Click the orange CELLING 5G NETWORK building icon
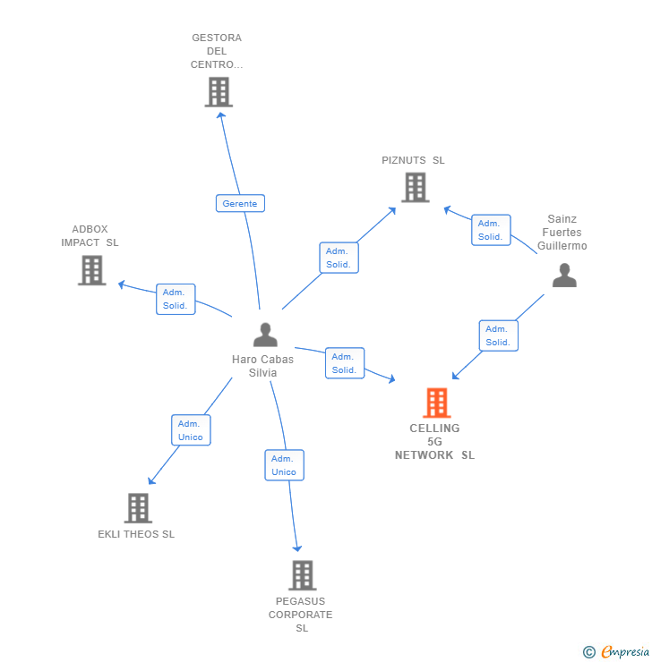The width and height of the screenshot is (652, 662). [436, 403]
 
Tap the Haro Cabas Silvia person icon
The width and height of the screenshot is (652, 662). [265, 335]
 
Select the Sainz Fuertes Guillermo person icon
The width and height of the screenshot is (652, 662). [564, 275]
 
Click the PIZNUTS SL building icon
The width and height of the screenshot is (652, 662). [415, 188]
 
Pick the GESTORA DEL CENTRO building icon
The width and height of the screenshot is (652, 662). [219, 92]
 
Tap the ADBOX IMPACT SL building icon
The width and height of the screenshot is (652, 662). [91, 270]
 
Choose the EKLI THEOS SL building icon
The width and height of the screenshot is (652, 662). [137, 508]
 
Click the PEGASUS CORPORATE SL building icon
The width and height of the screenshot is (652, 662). [303, 575]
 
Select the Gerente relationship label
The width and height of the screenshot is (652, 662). [240, 203]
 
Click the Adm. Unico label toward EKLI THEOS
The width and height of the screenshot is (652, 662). [191, 430]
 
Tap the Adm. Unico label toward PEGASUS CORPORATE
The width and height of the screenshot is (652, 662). [284, 465]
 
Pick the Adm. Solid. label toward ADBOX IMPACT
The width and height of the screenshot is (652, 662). [175, 299]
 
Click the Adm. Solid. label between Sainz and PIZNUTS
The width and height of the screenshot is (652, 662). [491, 230]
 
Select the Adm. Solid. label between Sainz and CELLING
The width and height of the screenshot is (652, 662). [498, 335]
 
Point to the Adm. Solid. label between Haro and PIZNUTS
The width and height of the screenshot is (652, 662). [339, 258]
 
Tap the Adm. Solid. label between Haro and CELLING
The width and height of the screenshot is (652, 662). [345, 363]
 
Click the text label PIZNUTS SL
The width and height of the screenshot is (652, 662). [413, 161]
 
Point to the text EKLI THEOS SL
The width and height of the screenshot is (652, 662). [136, 535]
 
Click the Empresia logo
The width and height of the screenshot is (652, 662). [624, 652]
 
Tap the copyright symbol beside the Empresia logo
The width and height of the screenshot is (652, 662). [589, 653]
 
